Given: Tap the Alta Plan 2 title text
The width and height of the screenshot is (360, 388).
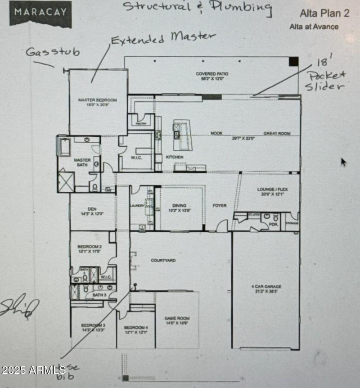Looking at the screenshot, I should point(324,13).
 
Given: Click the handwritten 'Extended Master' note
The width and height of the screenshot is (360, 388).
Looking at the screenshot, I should point(163,38).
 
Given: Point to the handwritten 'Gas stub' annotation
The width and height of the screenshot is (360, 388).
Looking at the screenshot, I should point(53,52).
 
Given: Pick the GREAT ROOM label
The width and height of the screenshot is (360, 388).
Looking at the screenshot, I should point(277,134).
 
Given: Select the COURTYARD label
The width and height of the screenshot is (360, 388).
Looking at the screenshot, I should point(163,261).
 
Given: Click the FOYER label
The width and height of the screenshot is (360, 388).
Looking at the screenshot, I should point(220,206).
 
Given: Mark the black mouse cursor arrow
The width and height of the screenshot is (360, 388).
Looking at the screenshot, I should point(343,162).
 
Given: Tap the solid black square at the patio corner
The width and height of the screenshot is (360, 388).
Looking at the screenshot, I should point(293,62).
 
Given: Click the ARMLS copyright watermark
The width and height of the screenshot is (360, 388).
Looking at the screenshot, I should point(33,370).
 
